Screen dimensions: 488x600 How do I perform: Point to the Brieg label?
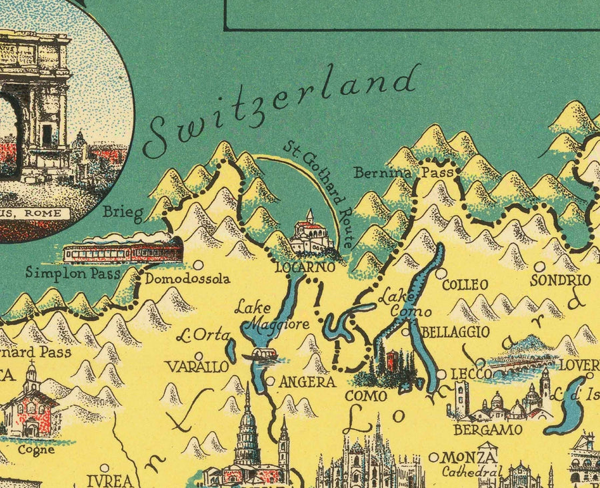[123, 214]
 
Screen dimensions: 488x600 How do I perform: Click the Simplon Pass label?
[73, 272]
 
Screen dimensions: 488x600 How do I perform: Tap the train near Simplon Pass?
[123, 252]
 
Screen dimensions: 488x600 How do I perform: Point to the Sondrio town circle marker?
[539, 266]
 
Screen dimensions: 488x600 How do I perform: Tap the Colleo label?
[465, 285]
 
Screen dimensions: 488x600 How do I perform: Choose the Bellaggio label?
[456, 332]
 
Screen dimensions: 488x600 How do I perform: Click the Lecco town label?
[471, 374]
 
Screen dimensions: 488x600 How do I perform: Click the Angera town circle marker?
[270, 381]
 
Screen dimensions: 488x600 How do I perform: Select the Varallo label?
[197, 367]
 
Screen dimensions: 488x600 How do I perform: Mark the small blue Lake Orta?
[231, 349]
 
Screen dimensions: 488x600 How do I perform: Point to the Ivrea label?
[108, 481]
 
